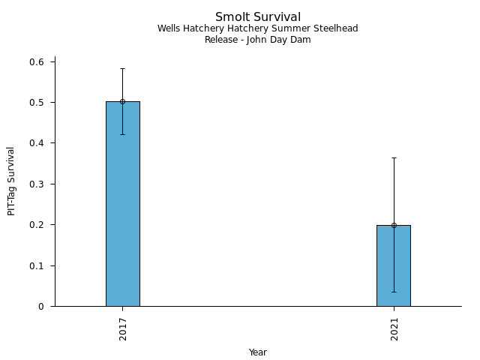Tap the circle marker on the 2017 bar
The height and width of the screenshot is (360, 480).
122,101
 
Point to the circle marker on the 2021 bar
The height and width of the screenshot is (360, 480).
394,225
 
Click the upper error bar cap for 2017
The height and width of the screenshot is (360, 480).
122,68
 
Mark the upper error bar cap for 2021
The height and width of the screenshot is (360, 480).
394,157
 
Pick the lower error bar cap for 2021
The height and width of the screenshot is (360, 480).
394,292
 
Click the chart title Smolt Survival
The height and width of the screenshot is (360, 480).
257,16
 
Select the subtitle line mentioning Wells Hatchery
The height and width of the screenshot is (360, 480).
257,28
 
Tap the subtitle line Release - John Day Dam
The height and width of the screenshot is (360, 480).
257,40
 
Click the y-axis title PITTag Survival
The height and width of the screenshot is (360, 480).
11,181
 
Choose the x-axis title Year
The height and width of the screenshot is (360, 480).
257,352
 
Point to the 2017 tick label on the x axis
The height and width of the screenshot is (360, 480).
122,329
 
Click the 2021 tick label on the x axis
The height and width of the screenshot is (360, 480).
394,329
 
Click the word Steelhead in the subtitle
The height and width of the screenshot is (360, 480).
337,28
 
